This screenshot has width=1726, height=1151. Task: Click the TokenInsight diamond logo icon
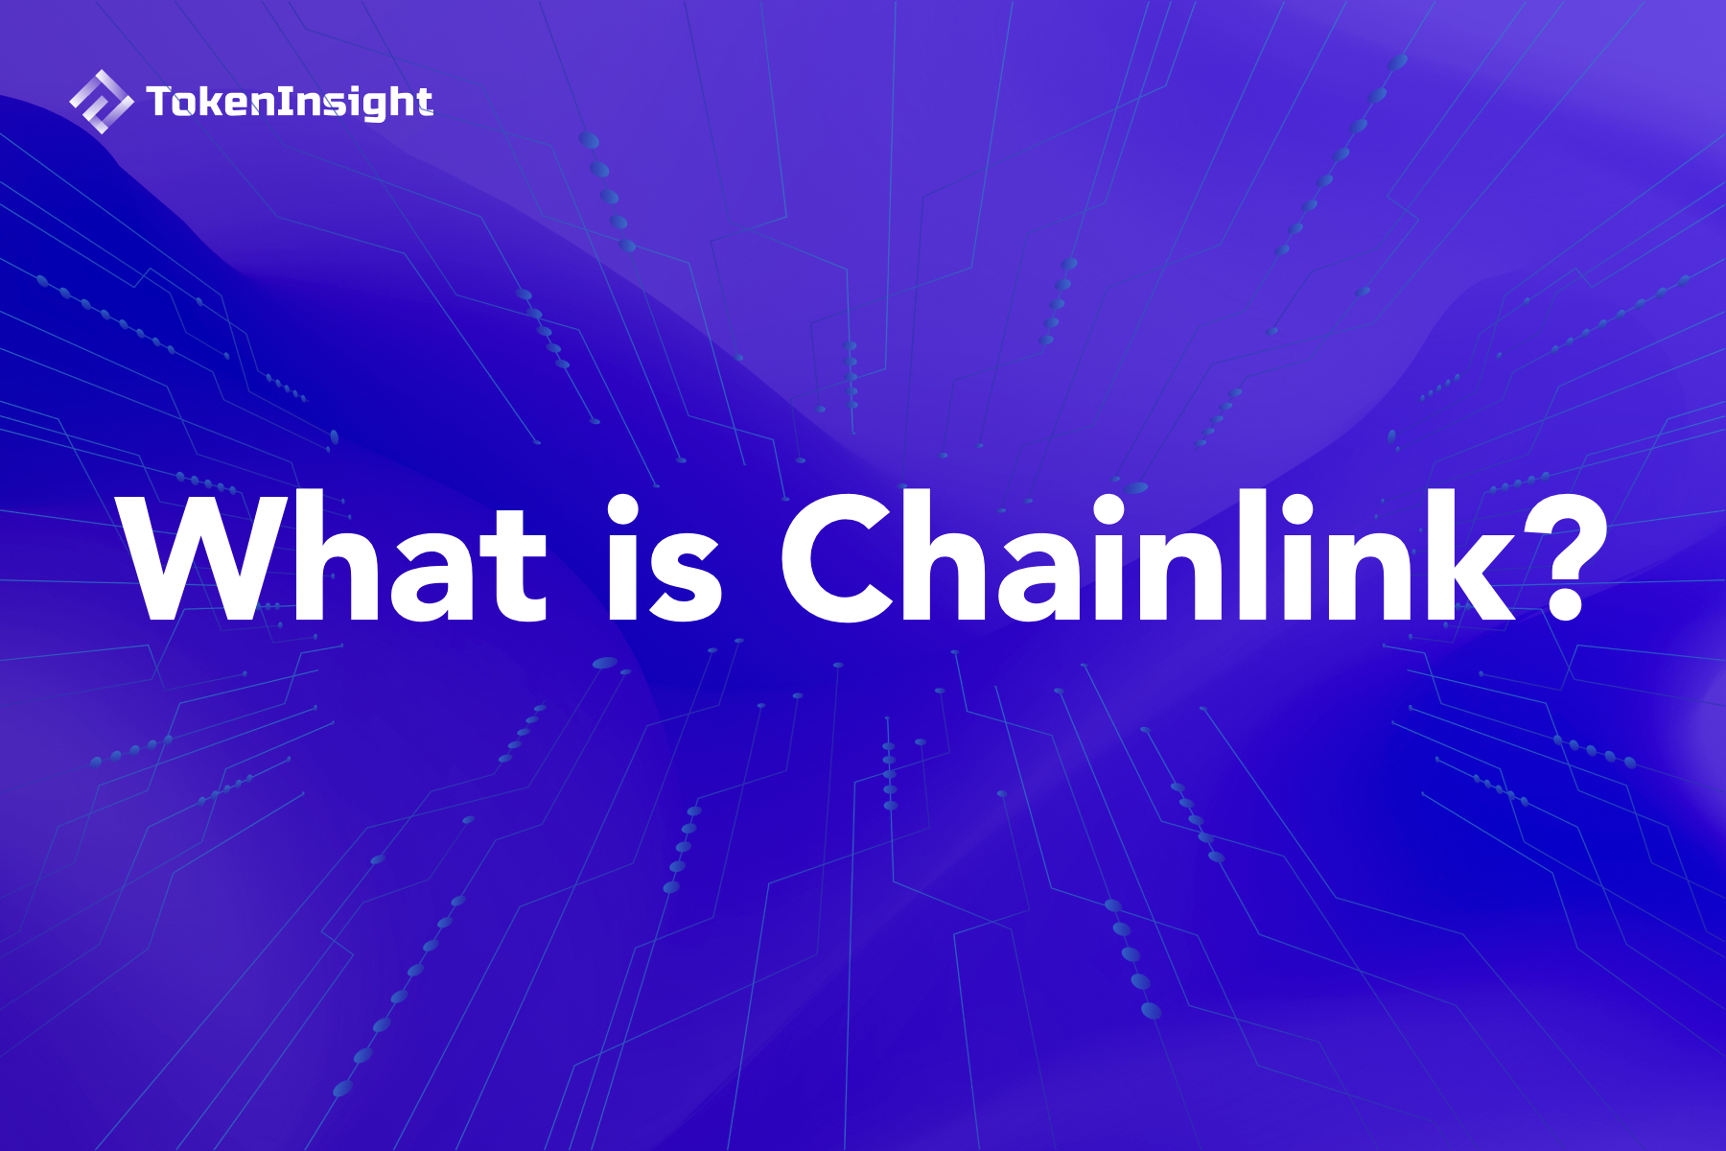click(x=101, y=101)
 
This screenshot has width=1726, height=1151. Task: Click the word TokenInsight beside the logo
click(x=290, y=102)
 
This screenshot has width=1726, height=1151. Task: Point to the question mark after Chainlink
click(x=1566, y=558)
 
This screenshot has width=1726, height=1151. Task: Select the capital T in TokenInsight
click(x=160, y=101)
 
